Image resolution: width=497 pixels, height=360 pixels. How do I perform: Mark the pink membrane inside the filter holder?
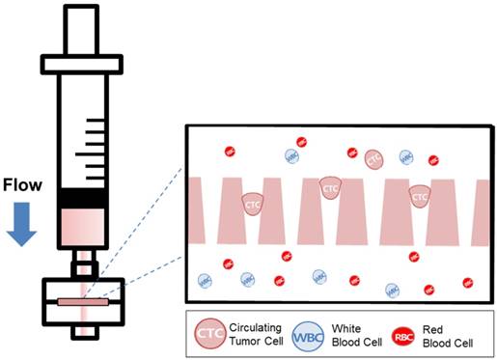[x=84, y=302]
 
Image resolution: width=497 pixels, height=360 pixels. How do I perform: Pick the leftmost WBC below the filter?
[x=205, y=280]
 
